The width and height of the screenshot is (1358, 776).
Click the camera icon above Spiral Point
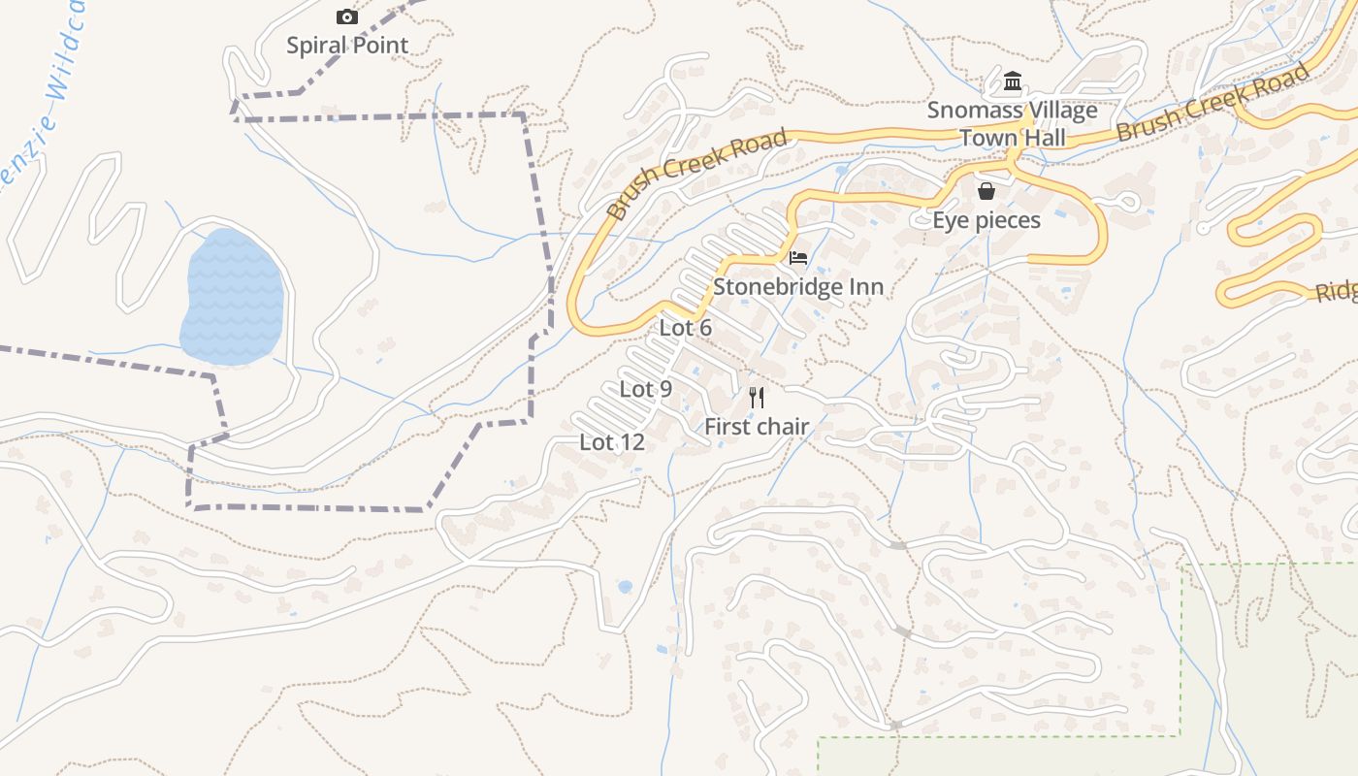346,16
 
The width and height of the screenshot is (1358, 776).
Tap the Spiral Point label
347,45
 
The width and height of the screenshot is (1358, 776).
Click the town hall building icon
1013,81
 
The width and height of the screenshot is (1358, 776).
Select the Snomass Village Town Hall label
1013,123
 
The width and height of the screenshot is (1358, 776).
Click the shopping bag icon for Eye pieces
986,190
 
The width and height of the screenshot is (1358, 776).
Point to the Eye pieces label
986,220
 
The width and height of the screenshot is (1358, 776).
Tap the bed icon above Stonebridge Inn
798,257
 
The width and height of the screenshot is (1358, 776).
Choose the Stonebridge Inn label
798,287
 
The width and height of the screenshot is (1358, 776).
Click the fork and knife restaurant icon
757,397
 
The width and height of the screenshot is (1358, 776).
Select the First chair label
757,426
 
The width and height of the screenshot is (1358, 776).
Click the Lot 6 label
686,328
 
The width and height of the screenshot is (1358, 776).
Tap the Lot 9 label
646,389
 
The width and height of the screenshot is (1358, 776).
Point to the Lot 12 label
612,442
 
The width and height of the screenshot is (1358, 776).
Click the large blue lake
233,297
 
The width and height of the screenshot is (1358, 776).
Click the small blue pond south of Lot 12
625,586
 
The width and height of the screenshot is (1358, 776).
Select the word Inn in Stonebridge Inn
865,287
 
